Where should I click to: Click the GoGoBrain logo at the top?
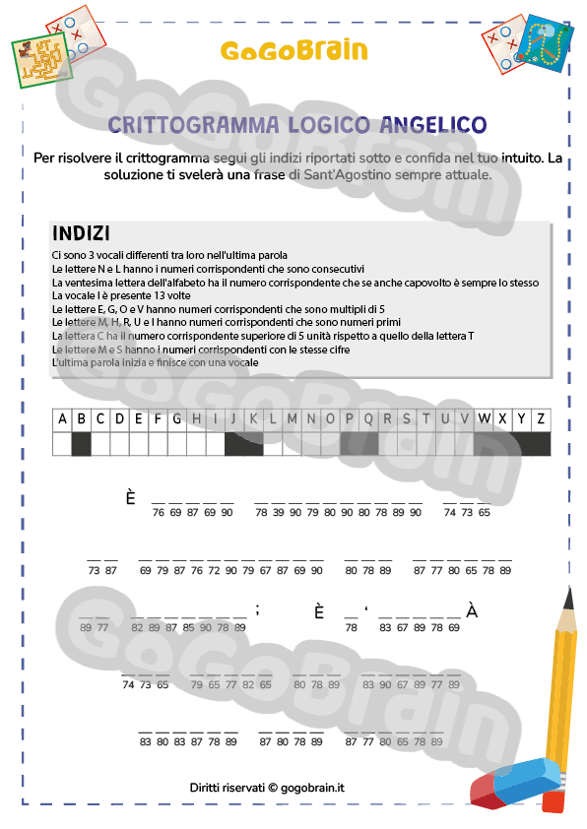pos(293,50)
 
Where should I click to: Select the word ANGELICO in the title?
pos(432,124)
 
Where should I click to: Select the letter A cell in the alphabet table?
pos(63,418)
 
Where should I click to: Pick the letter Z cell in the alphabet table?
pos(541,418)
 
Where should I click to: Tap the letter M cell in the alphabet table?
pos(292,418)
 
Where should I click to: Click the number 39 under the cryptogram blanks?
pos(280,512)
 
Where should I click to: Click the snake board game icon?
pos(541,44)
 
